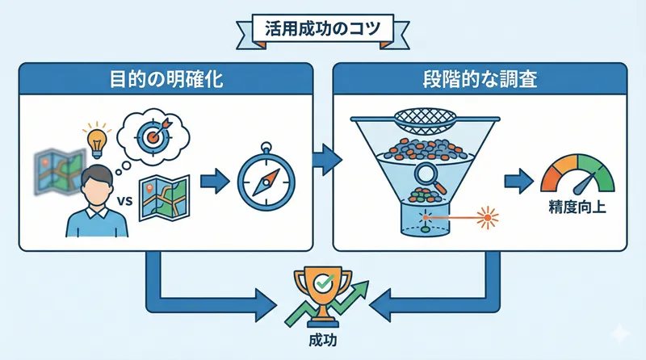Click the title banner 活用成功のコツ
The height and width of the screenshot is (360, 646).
tap(323, 27)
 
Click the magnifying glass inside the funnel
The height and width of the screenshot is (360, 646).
tap(426, 174)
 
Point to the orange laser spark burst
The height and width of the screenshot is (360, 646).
tap(487, 218)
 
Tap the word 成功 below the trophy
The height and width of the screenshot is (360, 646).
tap(324, 339)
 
